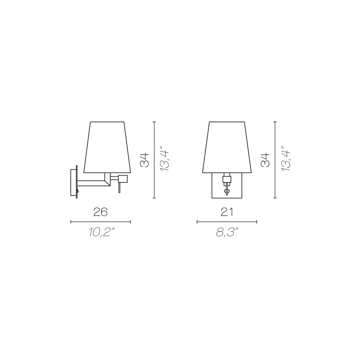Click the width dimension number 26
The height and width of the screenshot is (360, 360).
100,212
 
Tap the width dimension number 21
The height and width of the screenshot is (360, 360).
227,212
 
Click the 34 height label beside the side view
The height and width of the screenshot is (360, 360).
145,160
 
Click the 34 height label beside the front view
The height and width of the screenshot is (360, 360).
265,160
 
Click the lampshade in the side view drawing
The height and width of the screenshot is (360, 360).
107,147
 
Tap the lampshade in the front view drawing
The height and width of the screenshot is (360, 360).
227,147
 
